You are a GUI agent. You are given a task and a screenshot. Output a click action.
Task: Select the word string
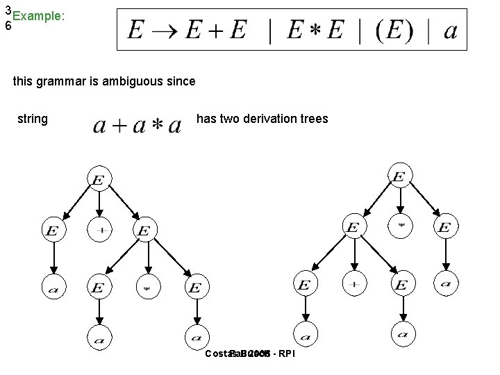pyautogui.click(x=33, y=119)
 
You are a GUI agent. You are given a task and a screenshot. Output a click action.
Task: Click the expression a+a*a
pyautogui.click(x=137, y=125)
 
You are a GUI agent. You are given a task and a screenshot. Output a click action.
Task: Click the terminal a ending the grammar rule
pyautogui.click(x=450, y=32)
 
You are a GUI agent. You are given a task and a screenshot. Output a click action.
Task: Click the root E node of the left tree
pyautogui.click(x=99, y=181)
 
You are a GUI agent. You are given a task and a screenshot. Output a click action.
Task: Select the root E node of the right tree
pyautogui.click(x=399, y=178)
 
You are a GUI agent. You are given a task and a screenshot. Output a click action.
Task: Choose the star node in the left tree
pyautogui.click(x=147, y=285)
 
